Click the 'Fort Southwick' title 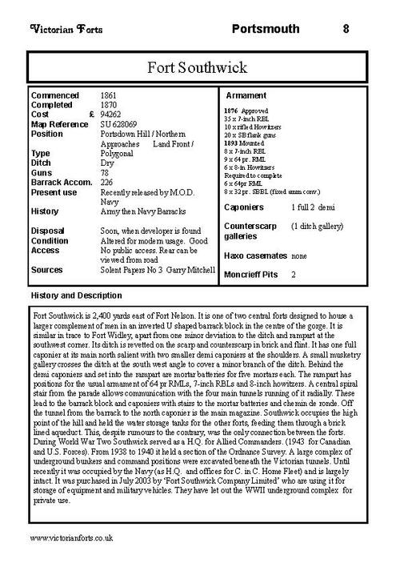pyautogui.click(x=199, y=66)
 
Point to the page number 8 pyautogui.click(x=346, y=30)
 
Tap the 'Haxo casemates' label pyautogui.click(x=254, y=256)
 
